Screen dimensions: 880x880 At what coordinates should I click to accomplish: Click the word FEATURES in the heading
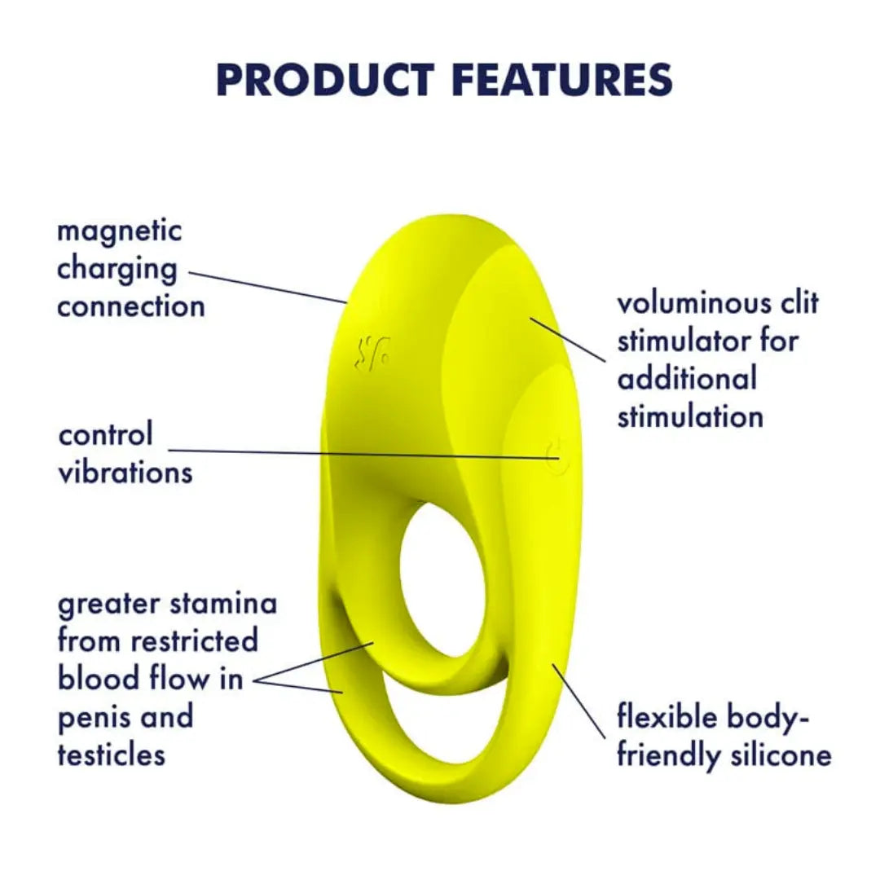[x=561, y=80]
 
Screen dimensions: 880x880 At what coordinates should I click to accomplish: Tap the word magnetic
[x=120, y=231]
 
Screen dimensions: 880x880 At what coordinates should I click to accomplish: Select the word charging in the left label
[x=117, y=270]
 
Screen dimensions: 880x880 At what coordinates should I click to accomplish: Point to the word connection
[x=131, y=307]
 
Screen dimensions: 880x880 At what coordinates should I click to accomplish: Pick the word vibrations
[x=125, y=473]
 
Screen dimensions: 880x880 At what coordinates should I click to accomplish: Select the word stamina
[x=224, y=604]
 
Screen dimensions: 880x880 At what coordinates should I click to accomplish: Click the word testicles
[x=112, y=755]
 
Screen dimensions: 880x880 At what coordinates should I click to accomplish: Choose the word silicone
[x=781, y=755]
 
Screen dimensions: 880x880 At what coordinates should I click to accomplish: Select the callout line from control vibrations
[x=359, y=453]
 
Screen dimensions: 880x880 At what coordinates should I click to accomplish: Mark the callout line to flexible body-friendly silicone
[x=579, y=702]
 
